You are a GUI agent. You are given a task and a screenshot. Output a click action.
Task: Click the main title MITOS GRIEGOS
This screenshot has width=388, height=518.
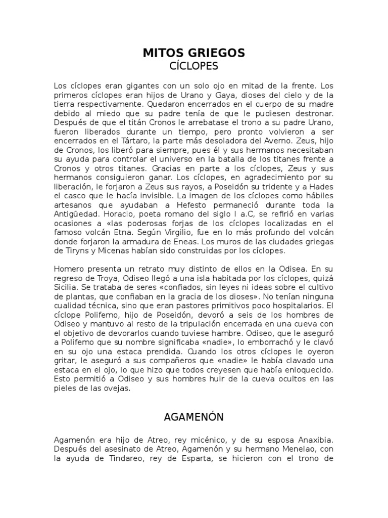(194, 52)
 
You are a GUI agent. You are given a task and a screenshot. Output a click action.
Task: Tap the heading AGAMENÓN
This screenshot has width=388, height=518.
(194, 417)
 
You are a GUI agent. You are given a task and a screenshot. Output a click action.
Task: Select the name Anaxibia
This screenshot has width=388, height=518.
(315, 441)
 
